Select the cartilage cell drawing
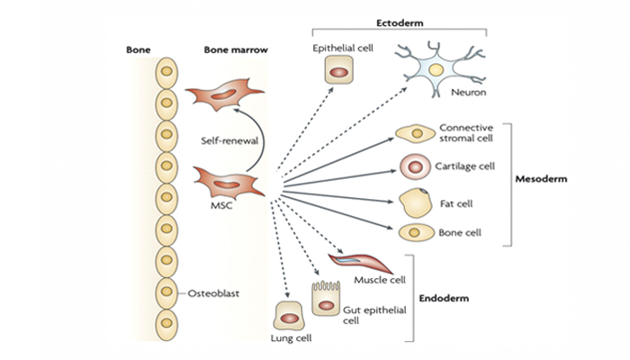pyautogui.click(x=415, y=166)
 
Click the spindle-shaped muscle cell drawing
pyautogui.click(x=359, y=263)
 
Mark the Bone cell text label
pyautogui.click(x=460, y=233)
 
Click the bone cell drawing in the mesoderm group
pyautogui.click(x=414, y=232)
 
